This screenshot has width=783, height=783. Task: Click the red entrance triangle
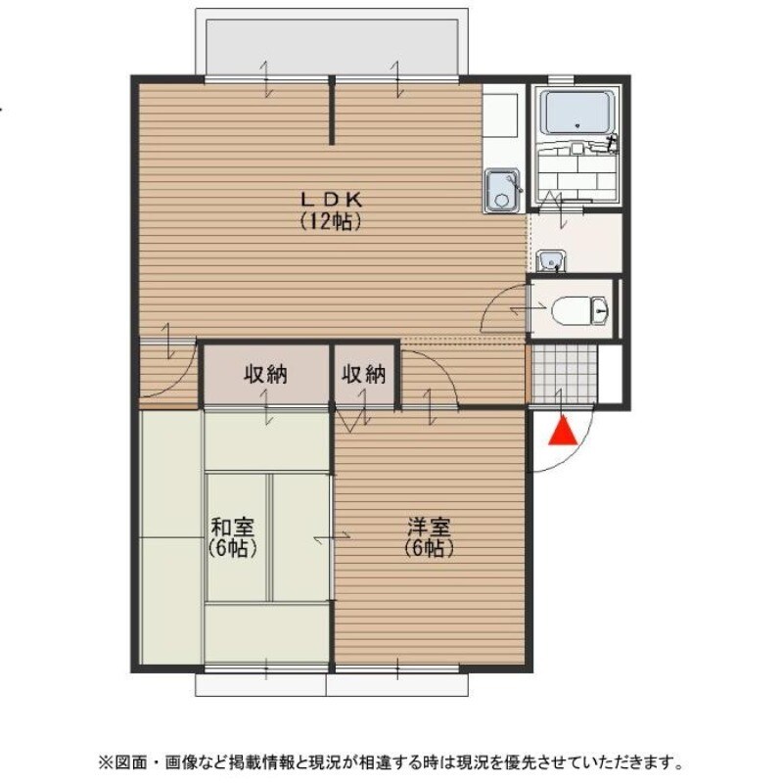click(561, 431)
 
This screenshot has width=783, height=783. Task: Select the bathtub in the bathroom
click(577, 114)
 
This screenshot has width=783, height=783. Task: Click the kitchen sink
click(502, 191)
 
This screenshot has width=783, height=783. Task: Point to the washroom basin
click(551, 260)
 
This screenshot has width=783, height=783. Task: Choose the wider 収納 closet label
click(265, 374)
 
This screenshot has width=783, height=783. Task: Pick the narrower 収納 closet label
click(364, 374)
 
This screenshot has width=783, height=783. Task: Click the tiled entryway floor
click(563, 373)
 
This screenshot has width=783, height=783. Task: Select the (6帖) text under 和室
click(232, 548)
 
